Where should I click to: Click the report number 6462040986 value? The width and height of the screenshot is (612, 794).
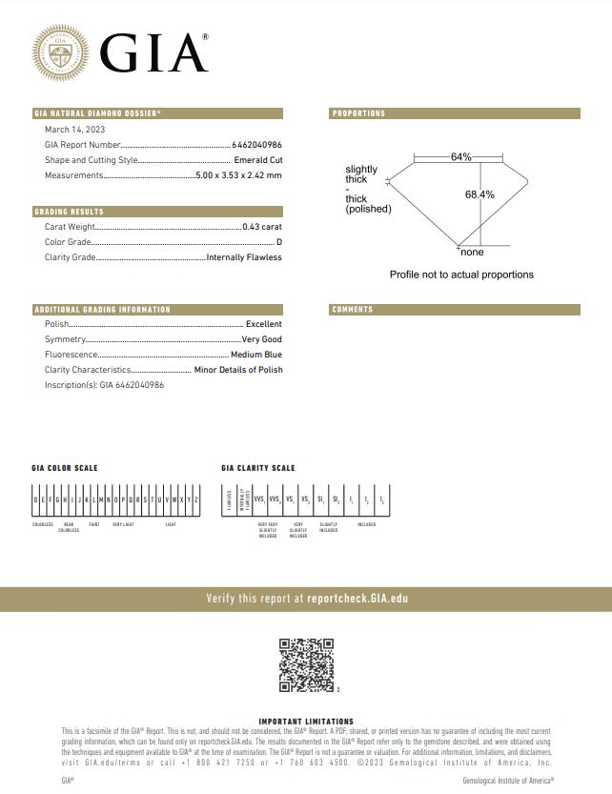[256, 145]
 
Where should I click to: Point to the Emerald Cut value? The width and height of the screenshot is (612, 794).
[257, 160]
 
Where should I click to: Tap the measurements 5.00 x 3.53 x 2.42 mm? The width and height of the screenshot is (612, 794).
[238, 175]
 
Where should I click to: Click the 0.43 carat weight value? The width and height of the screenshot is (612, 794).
[262, 227]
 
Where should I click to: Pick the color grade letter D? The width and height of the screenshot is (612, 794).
[279, 242]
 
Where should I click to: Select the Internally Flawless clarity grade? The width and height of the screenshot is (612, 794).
[244, 257]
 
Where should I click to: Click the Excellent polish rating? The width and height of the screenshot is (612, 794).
[264, 324]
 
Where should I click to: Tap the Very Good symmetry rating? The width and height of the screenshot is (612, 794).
[261, 339]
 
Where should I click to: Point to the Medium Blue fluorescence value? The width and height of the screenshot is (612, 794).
[256, 355]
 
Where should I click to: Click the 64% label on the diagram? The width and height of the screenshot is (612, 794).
[461, 156]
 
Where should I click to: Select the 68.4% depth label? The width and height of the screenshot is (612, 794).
[479, 193]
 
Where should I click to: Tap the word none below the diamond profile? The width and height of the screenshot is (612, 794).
[472, 253]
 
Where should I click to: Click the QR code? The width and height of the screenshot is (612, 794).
[306, 664]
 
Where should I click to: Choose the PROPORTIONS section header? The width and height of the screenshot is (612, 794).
[359, 113]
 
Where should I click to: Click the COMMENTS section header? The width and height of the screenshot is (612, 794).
[353, 310]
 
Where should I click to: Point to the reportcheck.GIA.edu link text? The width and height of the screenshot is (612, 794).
[357, 599]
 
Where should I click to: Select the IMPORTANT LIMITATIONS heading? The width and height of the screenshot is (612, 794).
[306, 722]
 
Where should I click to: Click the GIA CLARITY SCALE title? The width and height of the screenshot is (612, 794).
[257, 468]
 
